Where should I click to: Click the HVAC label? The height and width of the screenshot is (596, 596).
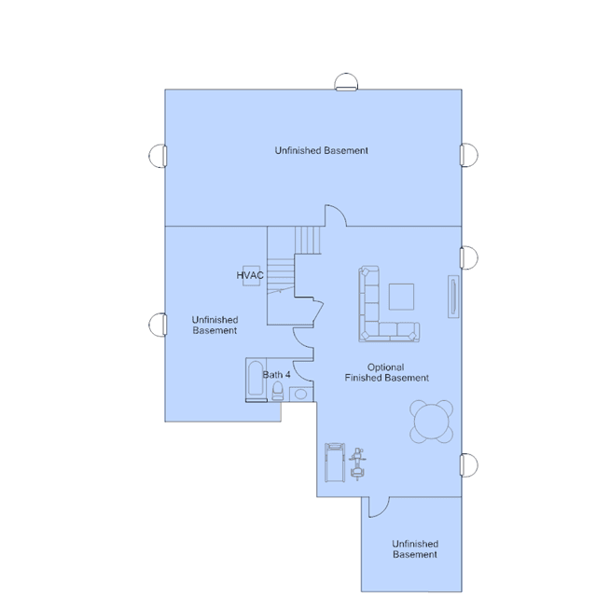pyautogui.click(x=250, y=275)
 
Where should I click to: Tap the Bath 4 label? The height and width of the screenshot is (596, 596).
pyautogui.click(x=276, y=375)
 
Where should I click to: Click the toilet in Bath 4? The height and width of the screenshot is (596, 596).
pyautogui.click(x=278, y=391)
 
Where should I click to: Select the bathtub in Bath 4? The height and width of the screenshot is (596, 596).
pyautogui.click(x=256, y=379)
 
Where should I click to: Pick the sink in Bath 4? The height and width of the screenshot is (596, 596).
pyautogui.click(x=300, y=395)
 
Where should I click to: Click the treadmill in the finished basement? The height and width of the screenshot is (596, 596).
pyautogui.click(x=335, y=463)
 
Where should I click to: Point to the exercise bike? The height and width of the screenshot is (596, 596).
pyautogui.click(x=357, y=464)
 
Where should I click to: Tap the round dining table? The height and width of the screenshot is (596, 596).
pyautogui.click(x=432, y=422)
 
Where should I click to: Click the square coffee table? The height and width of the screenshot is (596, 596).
pyautogui.click(x=401, y=297)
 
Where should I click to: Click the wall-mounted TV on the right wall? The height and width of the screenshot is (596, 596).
pyautogui.click(x=453, y=297)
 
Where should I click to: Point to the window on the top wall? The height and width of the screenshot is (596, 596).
pyautogui.click(x=346, y=82)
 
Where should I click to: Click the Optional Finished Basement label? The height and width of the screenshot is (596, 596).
pyautogui.click(x=386, y=372)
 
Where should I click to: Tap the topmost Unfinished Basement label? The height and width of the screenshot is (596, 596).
pyautogui.click(x=321, y=150)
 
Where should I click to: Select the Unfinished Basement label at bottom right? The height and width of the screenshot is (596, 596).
pyautogui.click(x=415, y=548)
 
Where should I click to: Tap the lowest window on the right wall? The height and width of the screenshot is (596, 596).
pyautogui.click(x=469, y=464)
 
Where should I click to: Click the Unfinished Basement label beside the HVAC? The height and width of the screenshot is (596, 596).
pyautogui.click(x=215, y=325)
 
